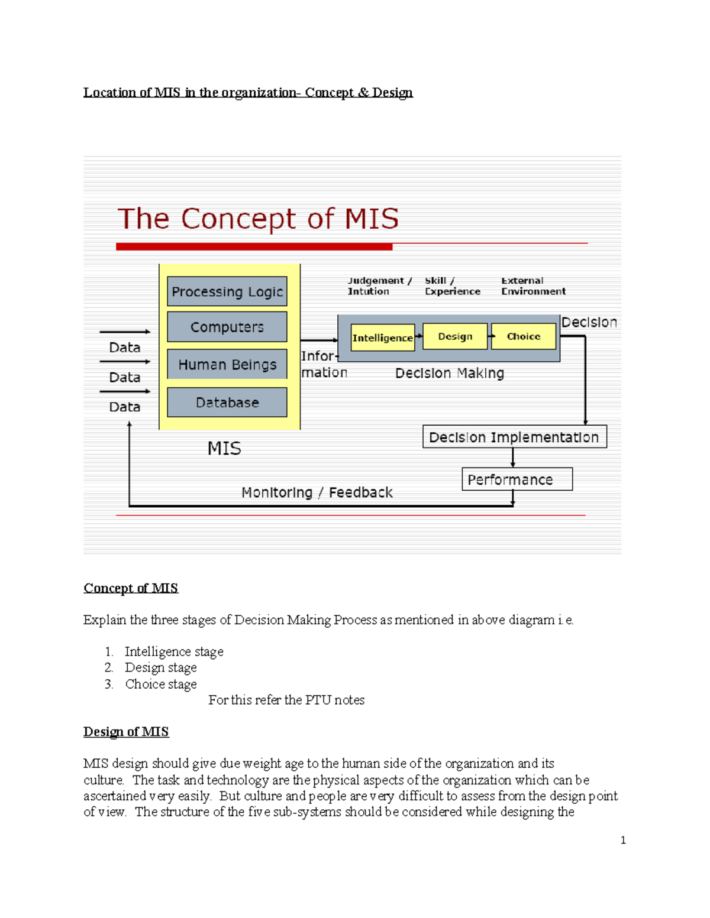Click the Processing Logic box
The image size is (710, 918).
(227, 291)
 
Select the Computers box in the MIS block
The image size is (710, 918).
(227, 327)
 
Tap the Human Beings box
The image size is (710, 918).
(227, 364)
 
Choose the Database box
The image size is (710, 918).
(227, 403)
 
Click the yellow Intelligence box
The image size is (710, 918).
(382, 338)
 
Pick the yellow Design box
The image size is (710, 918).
(455, 336)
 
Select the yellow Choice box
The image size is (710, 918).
(524, 336)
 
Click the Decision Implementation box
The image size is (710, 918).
(514, 437)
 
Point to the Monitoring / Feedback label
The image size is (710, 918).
(317, 492)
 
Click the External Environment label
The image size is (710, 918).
(533, 286)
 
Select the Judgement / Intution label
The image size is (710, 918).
(379, 286)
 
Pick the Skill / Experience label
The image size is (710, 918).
(452, 286)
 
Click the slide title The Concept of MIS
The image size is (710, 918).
(258, 219)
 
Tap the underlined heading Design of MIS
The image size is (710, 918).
(126, 732)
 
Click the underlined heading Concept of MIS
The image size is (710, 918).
(131, 588)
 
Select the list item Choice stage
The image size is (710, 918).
(161, 684)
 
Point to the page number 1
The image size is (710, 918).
(623, 840)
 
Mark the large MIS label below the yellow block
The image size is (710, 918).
(224, 449)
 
